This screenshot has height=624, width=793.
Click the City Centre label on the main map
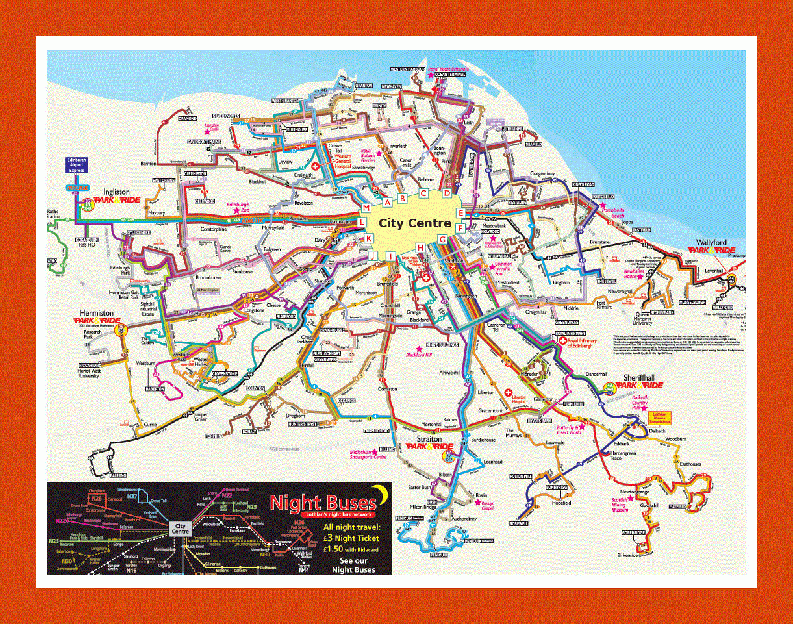pyautogui.click(x=414, y=223)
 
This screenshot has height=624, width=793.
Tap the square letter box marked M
pyautogui.click(x=366, y=208)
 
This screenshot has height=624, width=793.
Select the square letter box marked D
pyautogui.click(x=447, y=193)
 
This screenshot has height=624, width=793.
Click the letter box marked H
pyautogui.click(x=420, y=247)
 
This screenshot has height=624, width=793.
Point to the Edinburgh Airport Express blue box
pyautogui.click(x=77, y=166)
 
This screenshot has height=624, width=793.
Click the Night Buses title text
pyautogui.click(x=323, y=503)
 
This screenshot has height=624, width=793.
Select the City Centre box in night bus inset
pyautogui.click(x=179, y=529)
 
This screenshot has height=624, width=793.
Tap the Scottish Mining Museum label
pyautogui.click(x=620, y=504)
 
